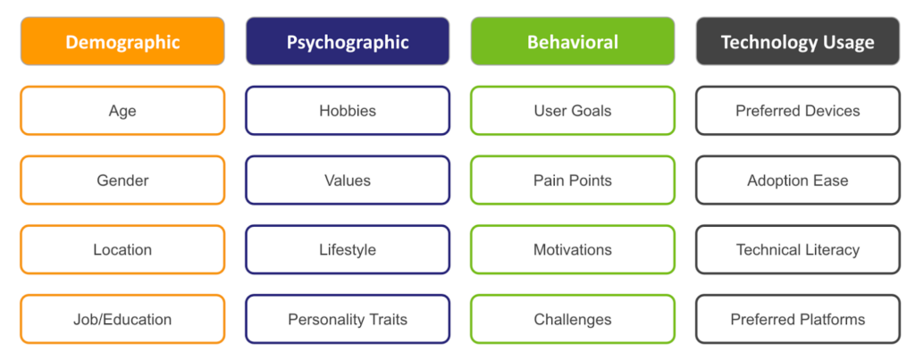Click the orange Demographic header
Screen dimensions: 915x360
coord(122,41)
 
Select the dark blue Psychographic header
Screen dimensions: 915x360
coord(348,41)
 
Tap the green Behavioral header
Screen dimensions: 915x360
coord(573,41)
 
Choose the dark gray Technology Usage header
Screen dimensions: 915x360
coord(798,41)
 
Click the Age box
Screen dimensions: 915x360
coord(122,111)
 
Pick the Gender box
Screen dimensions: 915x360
coord(122,180)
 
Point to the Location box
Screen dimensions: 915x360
coord(122,250)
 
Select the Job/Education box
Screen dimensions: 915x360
coord(122,319)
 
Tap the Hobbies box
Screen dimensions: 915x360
coord(348,111)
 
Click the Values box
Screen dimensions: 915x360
coord(348,180)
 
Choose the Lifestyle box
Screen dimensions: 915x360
coord(348,250)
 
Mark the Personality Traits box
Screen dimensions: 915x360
coord(348,319)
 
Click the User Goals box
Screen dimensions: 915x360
coord(573,111)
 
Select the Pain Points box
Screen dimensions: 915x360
coord(573,180)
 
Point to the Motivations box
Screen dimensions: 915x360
coord(573,250)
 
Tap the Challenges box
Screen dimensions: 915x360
coord(573,319)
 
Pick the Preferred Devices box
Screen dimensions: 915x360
coord(798,111)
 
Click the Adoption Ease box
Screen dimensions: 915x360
coord(798,180)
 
